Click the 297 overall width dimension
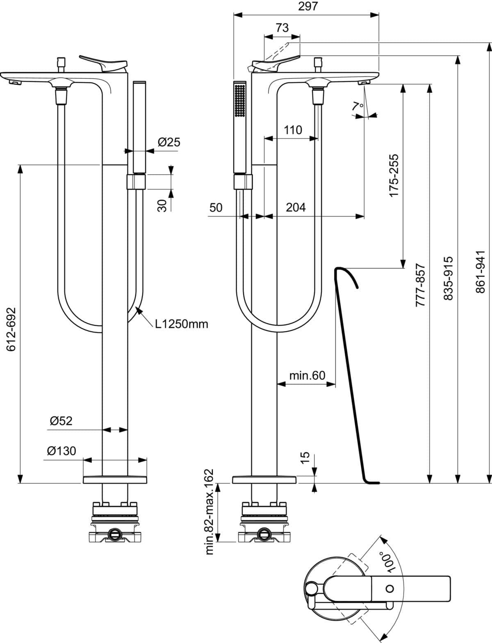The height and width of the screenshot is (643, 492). coord(307,6)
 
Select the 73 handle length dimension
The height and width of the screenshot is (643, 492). coord(282,28)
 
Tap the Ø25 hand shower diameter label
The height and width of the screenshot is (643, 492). coord(169,142)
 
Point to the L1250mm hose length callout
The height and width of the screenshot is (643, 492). coord(181,324)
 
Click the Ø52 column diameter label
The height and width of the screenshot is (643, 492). coord(61,420)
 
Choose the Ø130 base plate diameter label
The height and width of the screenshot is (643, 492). coord(61,451)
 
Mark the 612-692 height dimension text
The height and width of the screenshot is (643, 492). coord(11,329)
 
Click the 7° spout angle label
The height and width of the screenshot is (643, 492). coord(358,106)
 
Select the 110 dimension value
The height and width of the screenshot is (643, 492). coord(293,130)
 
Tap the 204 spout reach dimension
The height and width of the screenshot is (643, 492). coord(296,207)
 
